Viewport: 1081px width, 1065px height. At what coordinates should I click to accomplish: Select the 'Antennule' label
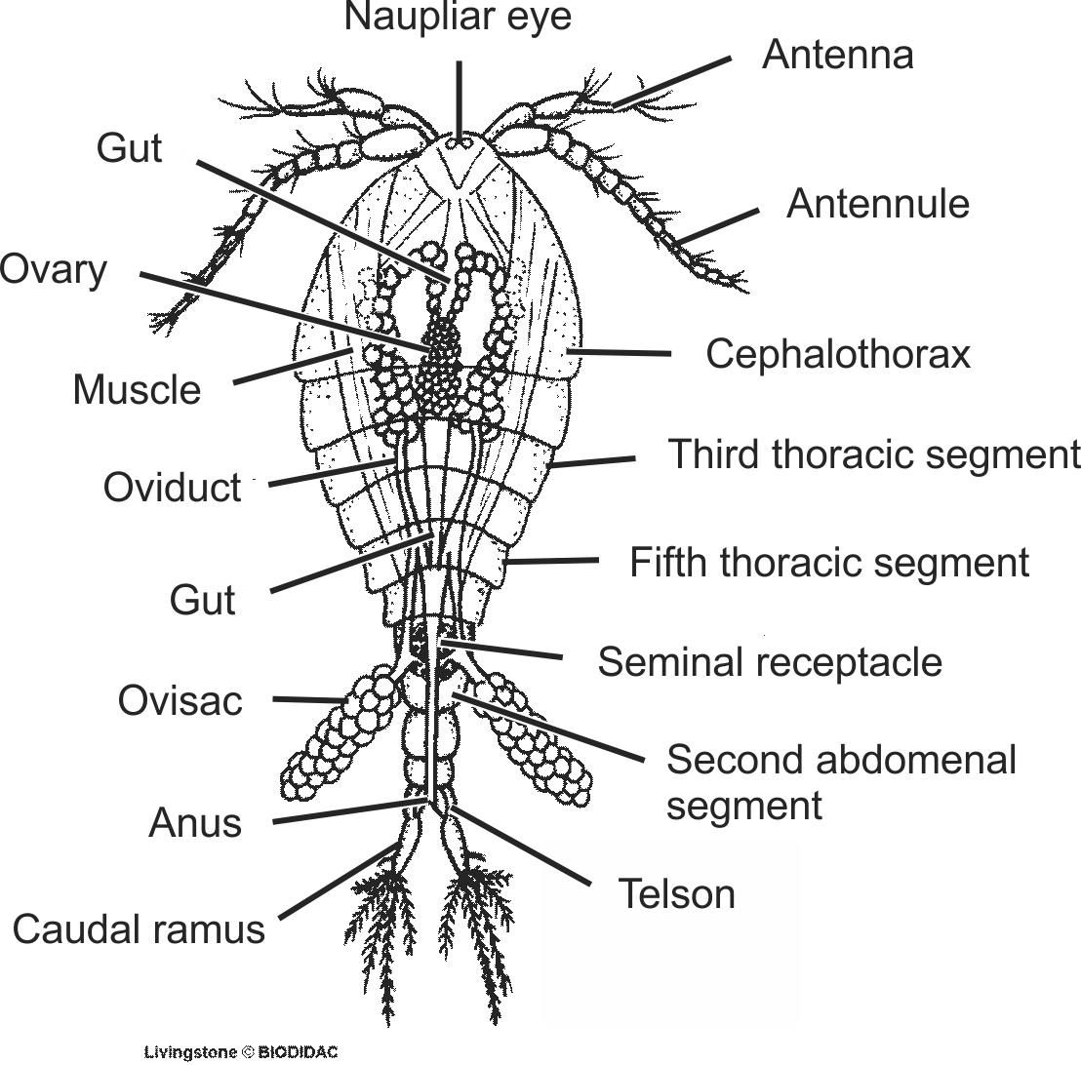coord(877,204)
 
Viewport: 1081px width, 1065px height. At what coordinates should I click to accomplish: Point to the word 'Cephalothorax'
coord(838,354)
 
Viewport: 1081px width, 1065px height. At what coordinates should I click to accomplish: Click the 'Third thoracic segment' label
coord(874,454)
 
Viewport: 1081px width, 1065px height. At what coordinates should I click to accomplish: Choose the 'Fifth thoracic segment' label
coord(829,563)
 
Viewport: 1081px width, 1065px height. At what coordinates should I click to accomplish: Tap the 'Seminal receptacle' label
coord(770,662)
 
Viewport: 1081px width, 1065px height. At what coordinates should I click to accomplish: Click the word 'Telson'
coord(676,892)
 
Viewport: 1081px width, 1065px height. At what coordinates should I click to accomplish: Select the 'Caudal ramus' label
coord(139,928)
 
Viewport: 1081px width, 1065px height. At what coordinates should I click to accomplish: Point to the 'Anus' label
coord(194,823)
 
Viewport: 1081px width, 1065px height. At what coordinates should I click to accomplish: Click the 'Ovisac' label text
coord(180,700)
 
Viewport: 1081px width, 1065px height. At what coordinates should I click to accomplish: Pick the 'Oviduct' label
coord(172,488)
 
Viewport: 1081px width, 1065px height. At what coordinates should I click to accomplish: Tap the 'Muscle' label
coord(137,390)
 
